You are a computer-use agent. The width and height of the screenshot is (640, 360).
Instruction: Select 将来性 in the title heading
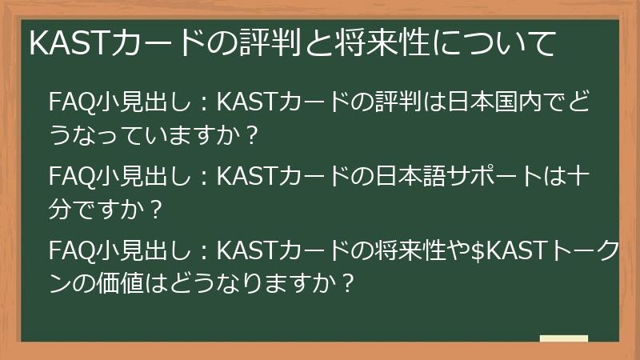pyautogui.click(x=390, y=45)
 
